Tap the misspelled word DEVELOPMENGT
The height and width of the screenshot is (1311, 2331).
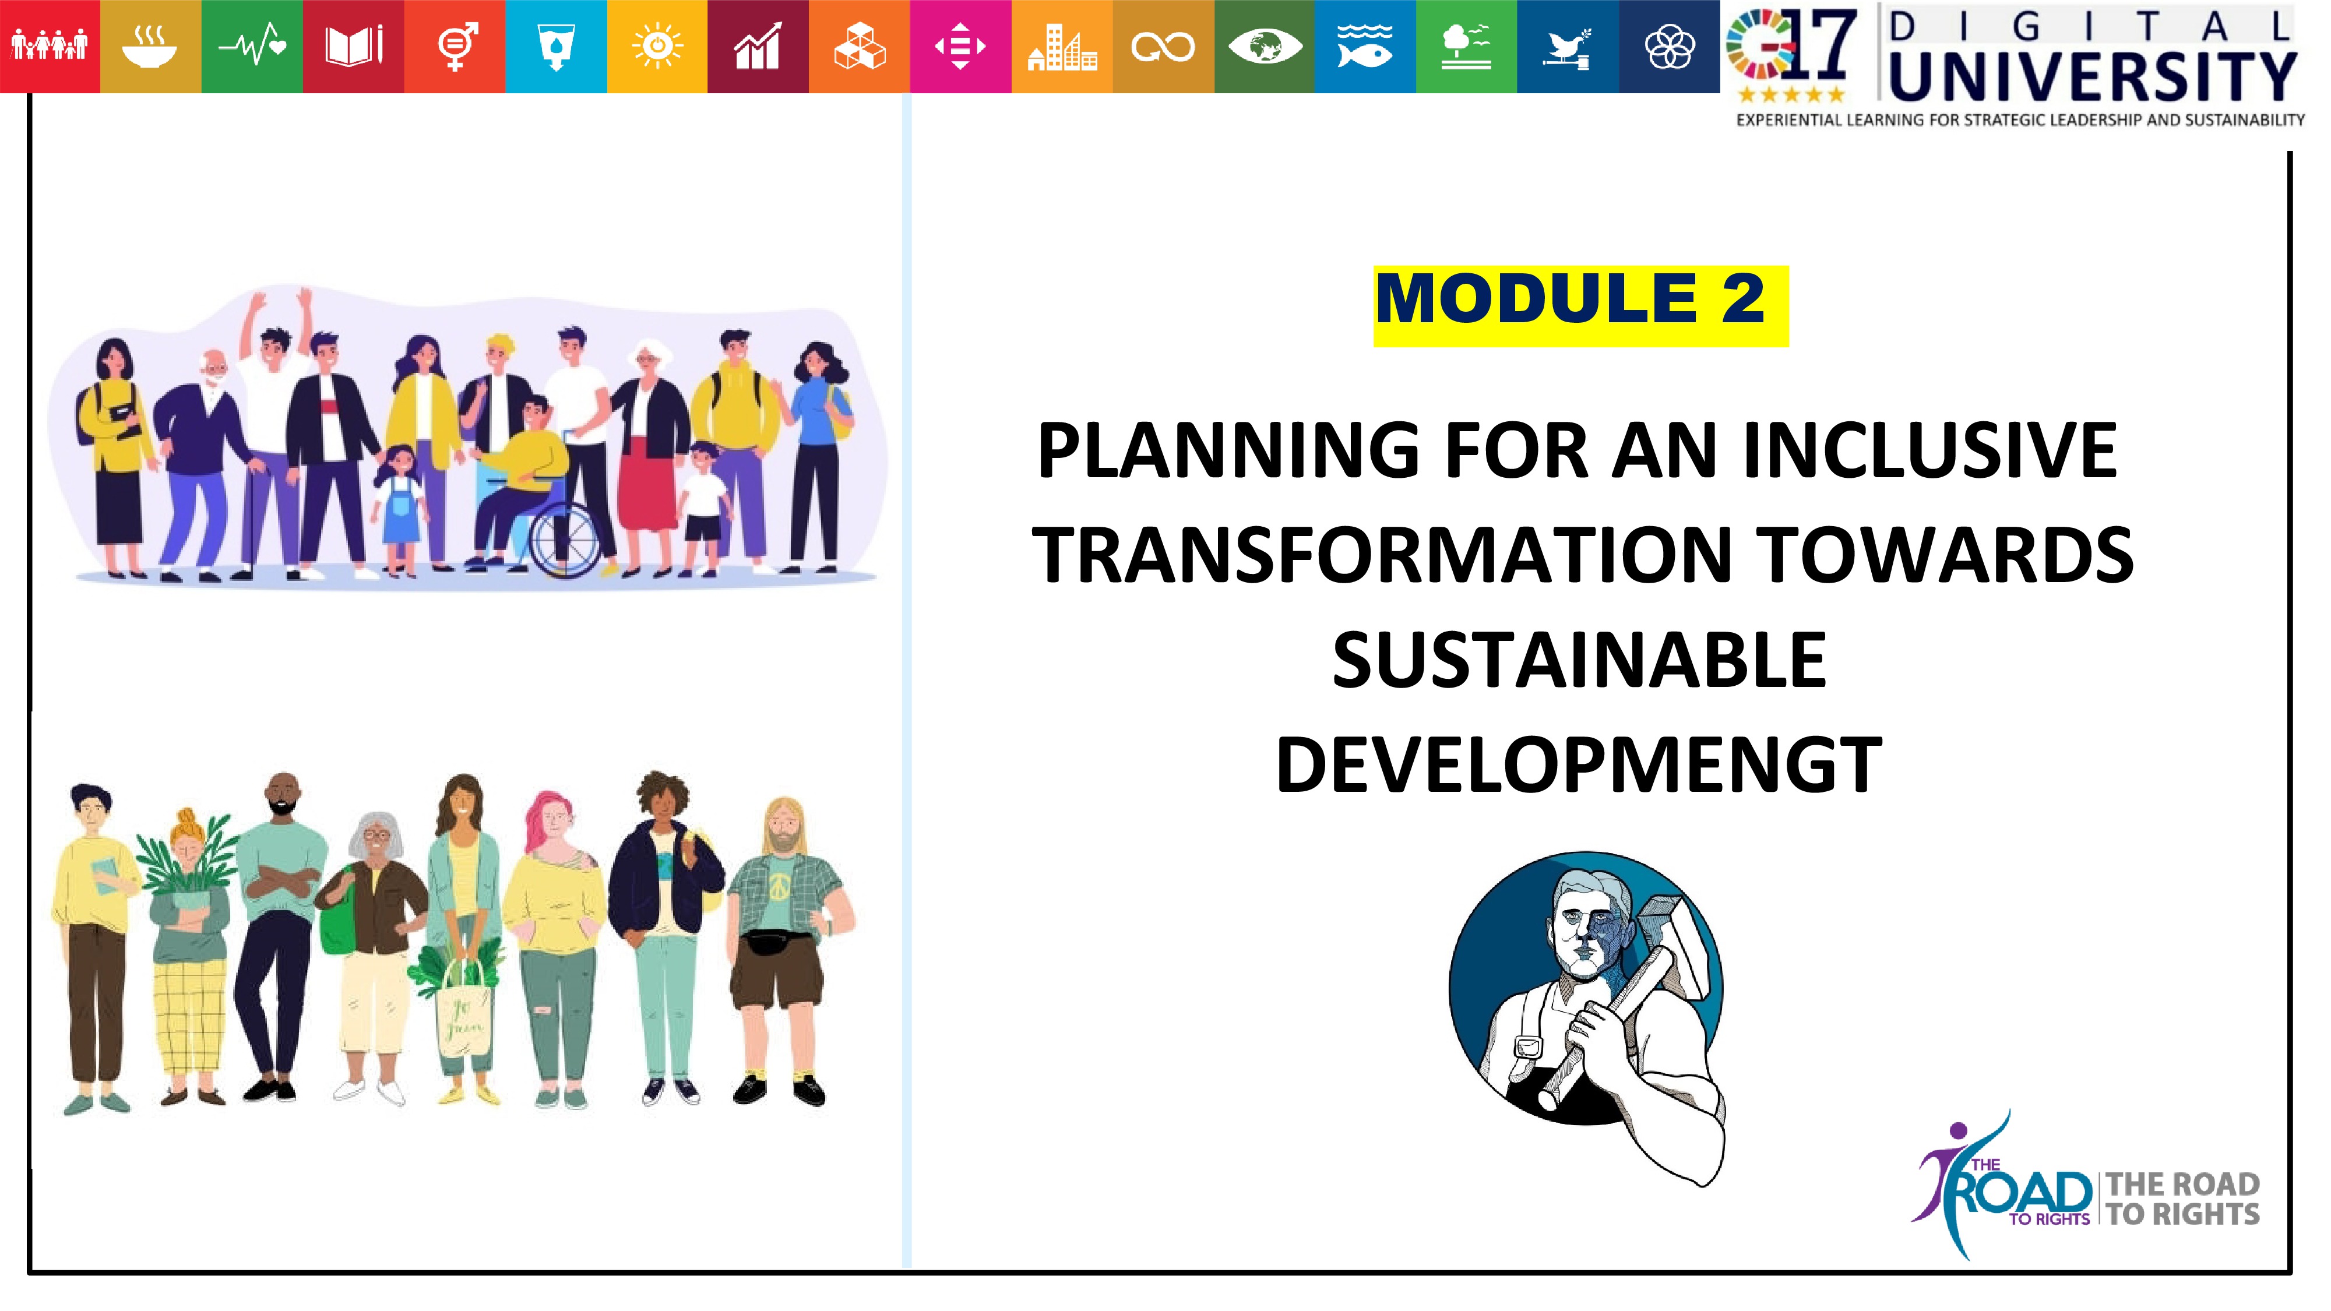point(1579,766)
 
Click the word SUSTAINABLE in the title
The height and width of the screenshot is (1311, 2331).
point(1580,661)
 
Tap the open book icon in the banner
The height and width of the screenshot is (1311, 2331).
point(354,46)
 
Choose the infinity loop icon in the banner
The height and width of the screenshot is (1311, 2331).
point(1163,46)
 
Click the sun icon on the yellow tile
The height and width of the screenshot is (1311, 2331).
point(657,46)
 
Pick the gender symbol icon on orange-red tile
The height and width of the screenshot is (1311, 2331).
point(455,46)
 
